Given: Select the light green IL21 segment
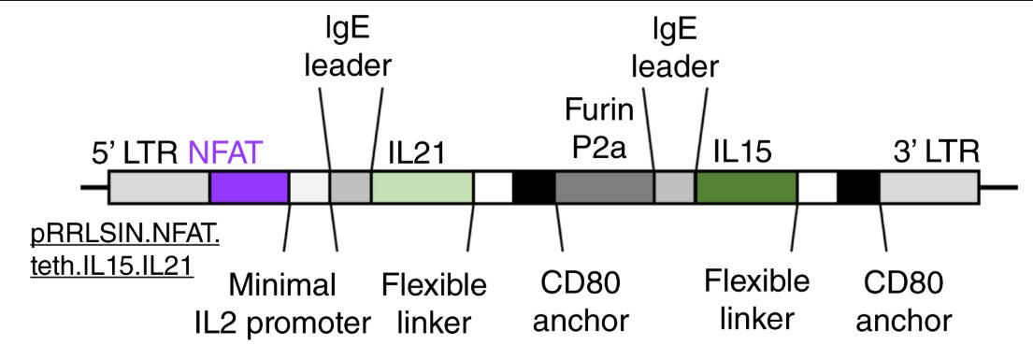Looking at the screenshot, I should click(x=423, y=188).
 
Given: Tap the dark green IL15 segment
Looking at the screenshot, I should click(x=746, y=188).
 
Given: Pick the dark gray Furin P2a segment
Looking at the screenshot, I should click(x=604, y=188).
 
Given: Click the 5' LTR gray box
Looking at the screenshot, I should click(x=159, y=188).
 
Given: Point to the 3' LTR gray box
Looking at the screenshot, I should click(x=929, y=188).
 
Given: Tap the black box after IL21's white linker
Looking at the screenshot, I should click(x=534, y=188).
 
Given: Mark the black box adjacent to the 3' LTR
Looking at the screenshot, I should click(x=858, y=188).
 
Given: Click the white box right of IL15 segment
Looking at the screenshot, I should click(x=817, y=188).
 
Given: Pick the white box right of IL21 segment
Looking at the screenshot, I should click(x=493, y=188).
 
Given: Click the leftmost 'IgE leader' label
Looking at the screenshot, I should click(x=352, y=50).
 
